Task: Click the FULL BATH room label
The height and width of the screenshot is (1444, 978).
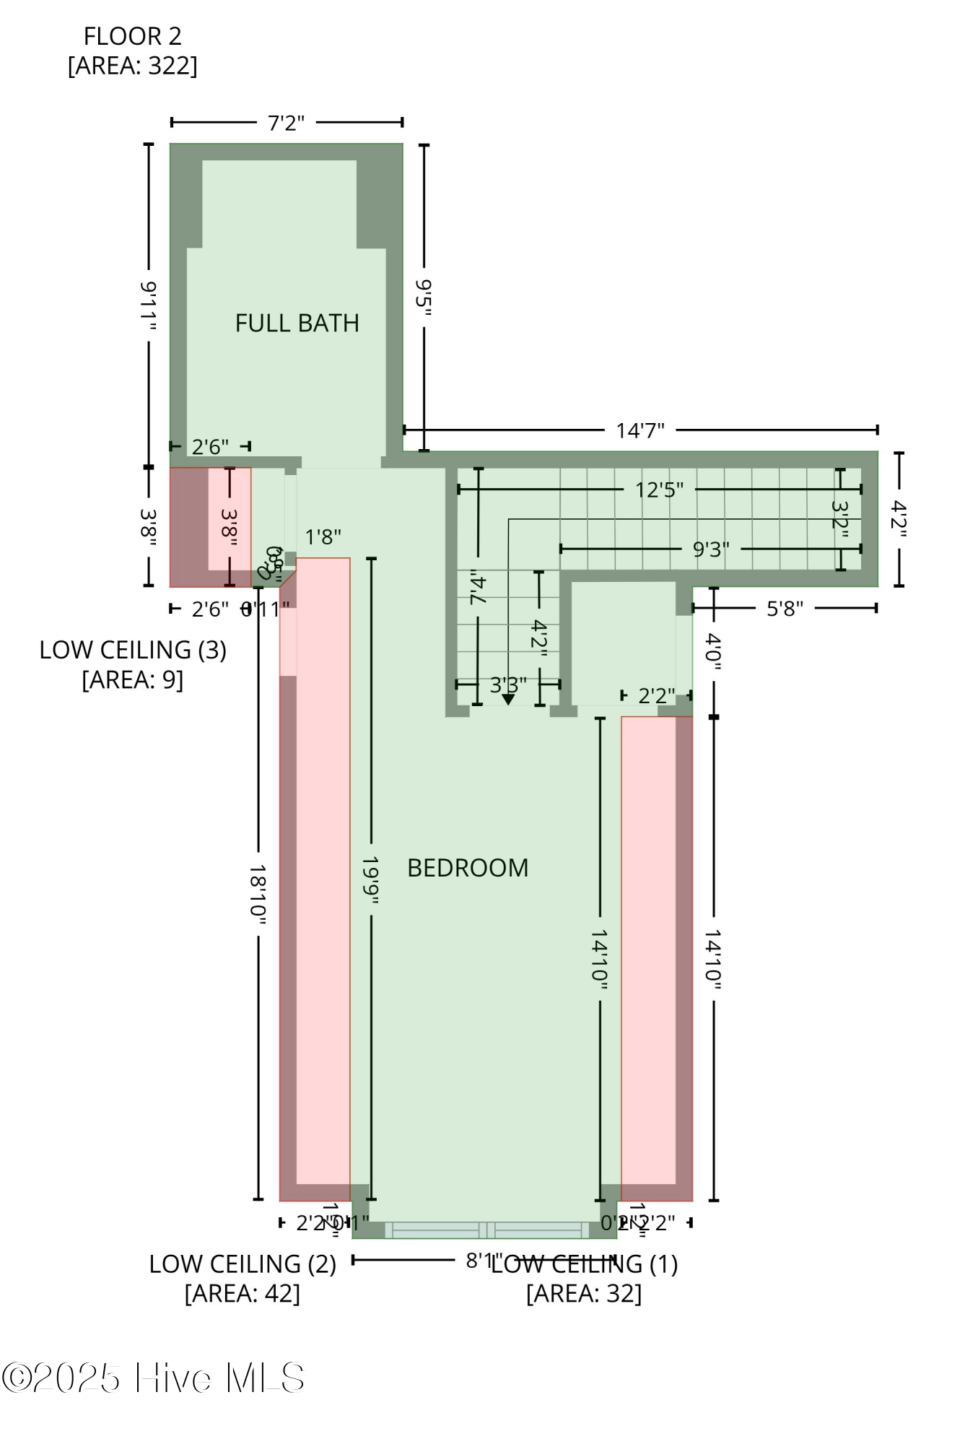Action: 297,323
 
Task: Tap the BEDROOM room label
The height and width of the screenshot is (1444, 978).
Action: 468,867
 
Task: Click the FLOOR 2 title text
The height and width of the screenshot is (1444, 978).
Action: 132,36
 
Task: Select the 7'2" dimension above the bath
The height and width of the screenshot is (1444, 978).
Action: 287,123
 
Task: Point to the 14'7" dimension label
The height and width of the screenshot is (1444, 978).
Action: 639,430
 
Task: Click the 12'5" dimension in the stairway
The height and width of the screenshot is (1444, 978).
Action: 659,490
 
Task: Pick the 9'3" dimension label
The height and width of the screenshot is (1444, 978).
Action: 710,549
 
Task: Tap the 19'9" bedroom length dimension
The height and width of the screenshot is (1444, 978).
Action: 371,880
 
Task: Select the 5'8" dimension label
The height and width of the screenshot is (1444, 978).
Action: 785,609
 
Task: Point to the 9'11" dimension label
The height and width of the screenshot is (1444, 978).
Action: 148,307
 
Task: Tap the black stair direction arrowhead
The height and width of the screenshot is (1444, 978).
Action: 508,699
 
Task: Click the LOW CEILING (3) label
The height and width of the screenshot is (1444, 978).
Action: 133,650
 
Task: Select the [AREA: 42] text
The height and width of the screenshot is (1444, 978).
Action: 243,1293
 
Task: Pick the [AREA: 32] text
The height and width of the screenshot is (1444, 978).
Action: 583,1293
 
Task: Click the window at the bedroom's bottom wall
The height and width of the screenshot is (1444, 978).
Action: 487,1230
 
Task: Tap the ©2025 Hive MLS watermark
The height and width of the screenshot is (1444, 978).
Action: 153,1378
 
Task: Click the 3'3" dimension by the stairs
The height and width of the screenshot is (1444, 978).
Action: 508,684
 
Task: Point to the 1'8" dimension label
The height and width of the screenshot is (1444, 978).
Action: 323,537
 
